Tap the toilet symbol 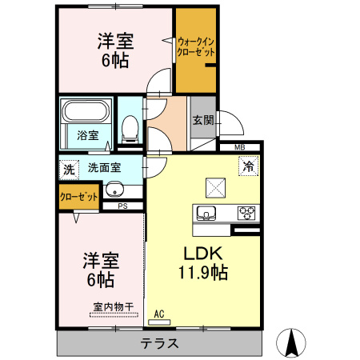[128, 125]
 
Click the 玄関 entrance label [202, 121]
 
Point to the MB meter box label [239, 148]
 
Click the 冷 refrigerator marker [248, 167]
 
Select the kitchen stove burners [247, 213]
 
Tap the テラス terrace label [159, 343]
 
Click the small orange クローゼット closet [78, 196]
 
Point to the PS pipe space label [122, 206]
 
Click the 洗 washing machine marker [69, 169]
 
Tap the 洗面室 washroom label [104, 169]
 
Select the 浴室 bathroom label [88, 135]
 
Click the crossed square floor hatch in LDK [216, 187]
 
